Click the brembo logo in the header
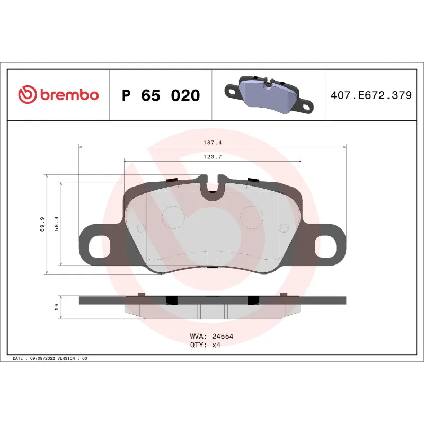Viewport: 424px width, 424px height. [x=58, y=95]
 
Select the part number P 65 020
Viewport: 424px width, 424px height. [x=161, y=95]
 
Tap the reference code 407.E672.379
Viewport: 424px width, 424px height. [x=371, y=95]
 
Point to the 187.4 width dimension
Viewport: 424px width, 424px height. [x=212, y=143]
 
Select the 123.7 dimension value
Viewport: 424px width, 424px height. [x=212, y=157]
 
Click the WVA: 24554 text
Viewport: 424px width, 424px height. [x=211, y=336]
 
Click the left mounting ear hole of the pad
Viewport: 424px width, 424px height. [x=99, y=245]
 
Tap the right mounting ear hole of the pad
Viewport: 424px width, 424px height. [x=325, y=245]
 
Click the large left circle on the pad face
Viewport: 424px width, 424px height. [x=173, y=216]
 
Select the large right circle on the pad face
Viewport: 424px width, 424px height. [x=251, y=216]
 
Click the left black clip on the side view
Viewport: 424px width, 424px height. [x=172, y=301]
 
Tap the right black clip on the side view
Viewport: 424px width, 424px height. [x=253, y=301]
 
